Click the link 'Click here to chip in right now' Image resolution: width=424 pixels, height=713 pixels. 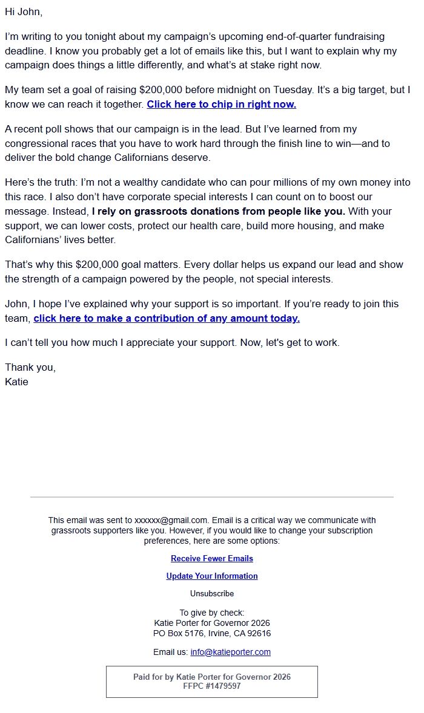click(221, 104)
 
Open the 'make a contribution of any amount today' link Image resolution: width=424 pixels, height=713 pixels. click(167, 318)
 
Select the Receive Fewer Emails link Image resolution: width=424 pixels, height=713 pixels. click(212, 558)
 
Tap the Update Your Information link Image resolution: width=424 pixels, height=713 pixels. click(212, 576)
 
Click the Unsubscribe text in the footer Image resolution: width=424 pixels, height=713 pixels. click(212, 593)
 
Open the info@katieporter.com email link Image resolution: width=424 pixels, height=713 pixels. click(230, 652)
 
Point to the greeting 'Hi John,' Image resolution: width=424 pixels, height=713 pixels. click(24, 11)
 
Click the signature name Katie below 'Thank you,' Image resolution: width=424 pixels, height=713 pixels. click(16, 382)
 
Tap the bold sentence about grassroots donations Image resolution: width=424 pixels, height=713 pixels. click(218, 211)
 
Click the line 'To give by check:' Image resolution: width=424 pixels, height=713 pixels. click(212, 613)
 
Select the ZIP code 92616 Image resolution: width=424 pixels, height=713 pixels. click(258, 633)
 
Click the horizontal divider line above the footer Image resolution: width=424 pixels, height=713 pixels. click(212, 497)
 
